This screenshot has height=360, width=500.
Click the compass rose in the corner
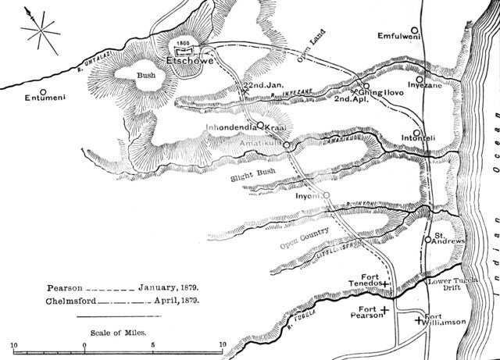[37, 30]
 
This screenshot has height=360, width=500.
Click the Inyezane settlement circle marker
[420, 79]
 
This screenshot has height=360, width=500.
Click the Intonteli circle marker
[416, 132]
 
